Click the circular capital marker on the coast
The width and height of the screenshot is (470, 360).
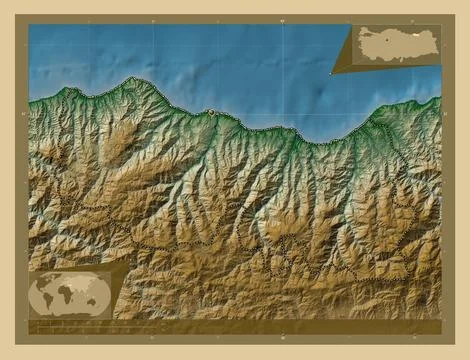pyautogui.click(x=211, y=112)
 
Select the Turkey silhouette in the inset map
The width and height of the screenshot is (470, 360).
pyautogui.click(x=394, y=46)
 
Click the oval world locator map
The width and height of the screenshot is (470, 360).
pyautogui.click(x=69, y=295)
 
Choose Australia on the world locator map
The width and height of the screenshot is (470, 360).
pyautogui.click(x=96, y=305)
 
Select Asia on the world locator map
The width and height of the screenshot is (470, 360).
pyautogui.click(x=85, y=287)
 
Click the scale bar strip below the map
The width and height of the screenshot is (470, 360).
pyautogui.click(x=235, y=327)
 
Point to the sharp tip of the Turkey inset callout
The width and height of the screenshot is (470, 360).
pyautogui.click(x=330, y=73)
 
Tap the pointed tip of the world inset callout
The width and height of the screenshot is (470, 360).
pyautogui.click(x=130, y=262)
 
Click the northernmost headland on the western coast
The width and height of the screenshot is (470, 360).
pyautogui.click(x=132, y=78)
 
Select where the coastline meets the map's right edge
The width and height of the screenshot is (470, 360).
pyautogui.click(x=440, y=97)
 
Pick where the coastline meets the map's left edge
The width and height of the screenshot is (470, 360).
pyautogui.click(x=29, y=102)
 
